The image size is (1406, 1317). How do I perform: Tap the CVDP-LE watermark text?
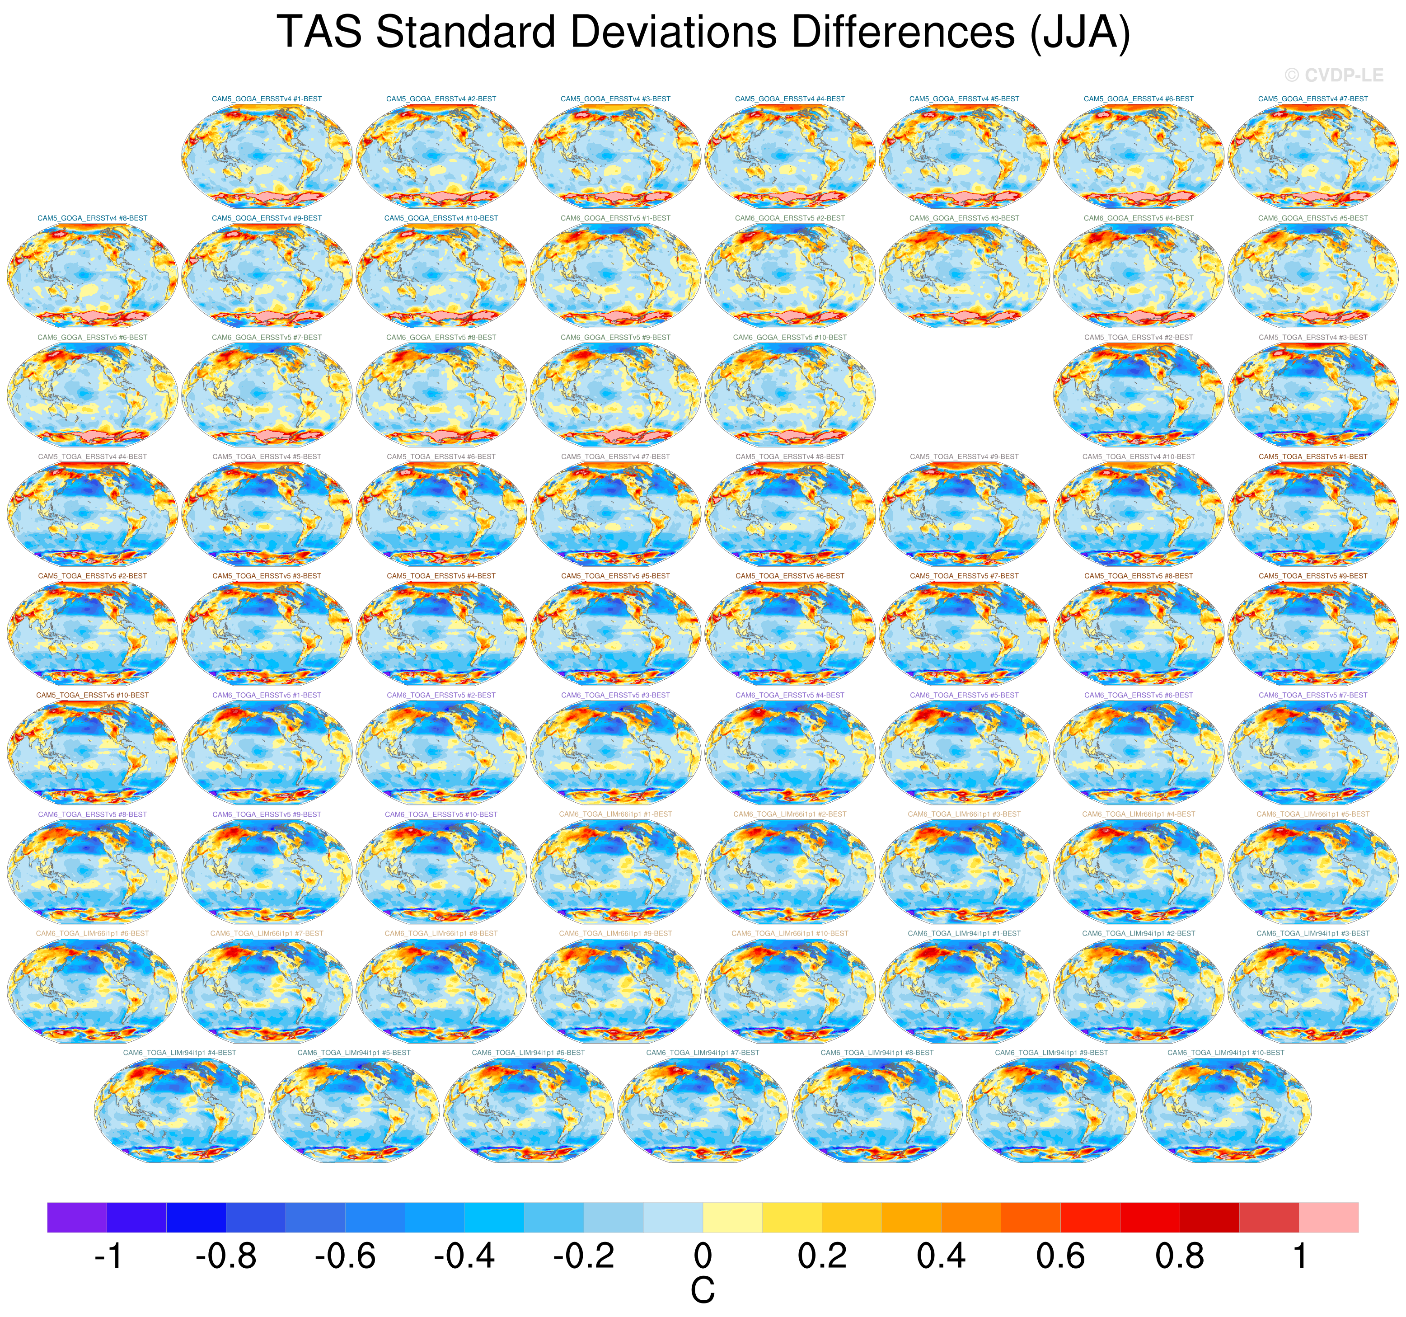(1333, 75)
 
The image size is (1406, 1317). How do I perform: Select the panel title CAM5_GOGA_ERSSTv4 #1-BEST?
(267, 99)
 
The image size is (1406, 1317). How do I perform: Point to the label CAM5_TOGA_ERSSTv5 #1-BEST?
(1312, 457)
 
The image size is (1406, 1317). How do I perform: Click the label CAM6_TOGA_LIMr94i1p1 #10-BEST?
(1226, 1053)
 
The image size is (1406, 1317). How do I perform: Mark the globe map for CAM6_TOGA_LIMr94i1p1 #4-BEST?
(180, 1108)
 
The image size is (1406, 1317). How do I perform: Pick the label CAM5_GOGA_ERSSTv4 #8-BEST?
(93, 219)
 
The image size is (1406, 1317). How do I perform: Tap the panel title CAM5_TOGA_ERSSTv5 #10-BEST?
(93, 695)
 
